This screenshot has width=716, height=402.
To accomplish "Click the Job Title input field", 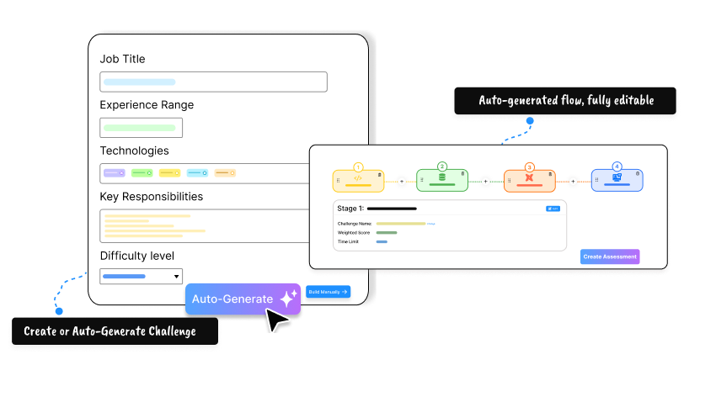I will coord(213,82).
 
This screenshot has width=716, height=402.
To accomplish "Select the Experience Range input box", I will coord(141,128).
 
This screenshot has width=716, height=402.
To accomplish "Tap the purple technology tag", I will coord(115,173).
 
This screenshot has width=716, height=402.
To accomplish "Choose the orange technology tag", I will coord(225,173).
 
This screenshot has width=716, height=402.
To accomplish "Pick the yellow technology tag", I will coord(170,173).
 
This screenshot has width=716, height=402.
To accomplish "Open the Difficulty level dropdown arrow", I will coord(177,276).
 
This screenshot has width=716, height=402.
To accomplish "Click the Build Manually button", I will coord(328,292).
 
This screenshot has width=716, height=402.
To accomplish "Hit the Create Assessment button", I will coord(610,257).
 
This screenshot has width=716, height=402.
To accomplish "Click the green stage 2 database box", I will coord(443,180).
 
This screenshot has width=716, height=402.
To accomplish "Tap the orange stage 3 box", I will coord(529,180).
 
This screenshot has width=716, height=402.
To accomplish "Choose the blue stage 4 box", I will coord(617,180).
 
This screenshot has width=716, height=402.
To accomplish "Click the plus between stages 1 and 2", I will coord(401,181).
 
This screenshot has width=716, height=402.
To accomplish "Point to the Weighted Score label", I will coord(354,232).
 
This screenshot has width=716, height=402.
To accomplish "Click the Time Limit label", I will coord(350,241).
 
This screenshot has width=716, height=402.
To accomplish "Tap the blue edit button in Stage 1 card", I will coord(553,208).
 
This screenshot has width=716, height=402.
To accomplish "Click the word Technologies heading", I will coord(134,151).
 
